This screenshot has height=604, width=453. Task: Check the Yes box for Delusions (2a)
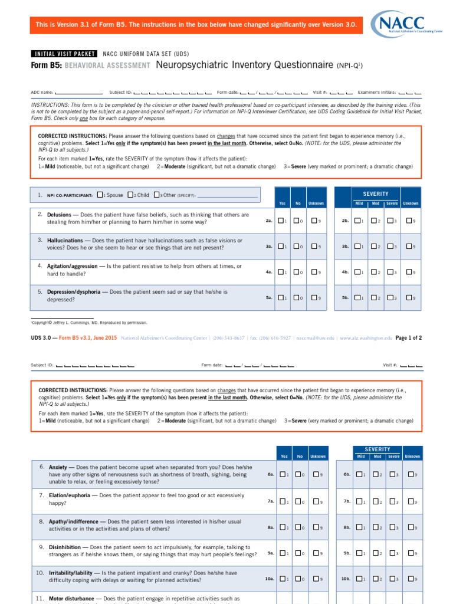(281, 221)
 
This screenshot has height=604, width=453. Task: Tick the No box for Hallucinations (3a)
(298, 247)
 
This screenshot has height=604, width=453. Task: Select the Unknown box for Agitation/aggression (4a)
(314, 273)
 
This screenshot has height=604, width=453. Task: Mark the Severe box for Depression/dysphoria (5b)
(390, 298)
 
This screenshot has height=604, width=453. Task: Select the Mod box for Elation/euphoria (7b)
(375, 501)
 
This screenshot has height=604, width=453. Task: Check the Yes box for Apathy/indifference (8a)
(283, 527)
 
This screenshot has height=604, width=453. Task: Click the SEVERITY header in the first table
(376, 194)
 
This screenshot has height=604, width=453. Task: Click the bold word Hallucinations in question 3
(65, 241)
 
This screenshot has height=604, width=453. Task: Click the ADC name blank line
(78, 93)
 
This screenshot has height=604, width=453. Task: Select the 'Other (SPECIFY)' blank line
(226, 196)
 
